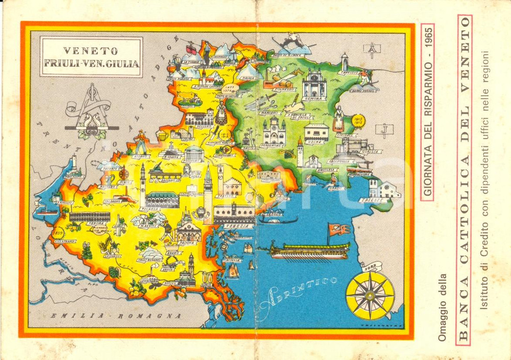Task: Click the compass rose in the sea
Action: tap(369, 295)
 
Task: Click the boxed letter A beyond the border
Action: tap(369, 50)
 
